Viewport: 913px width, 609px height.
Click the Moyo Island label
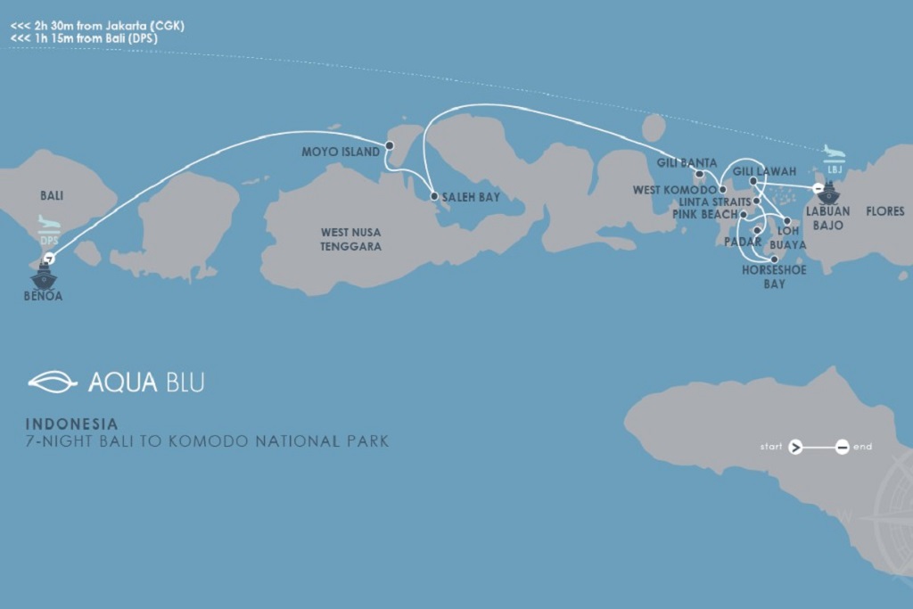(341, 152)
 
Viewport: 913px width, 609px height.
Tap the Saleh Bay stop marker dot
(433, 196)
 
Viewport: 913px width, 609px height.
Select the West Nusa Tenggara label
(351, 239)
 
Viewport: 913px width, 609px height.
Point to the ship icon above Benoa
(43, 276)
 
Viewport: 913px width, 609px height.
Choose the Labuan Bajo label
(827, 218)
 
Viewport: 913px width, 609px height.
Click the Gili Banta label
(687, 163)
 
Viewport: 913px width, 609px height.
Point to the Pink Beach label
(705, 215)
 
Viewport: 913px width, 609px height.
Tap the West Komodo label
(674, 190)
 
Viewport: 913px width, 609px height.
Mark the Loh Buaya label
(787, 237)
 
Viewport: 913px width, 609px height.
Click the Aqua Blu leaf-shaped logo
(53, 382)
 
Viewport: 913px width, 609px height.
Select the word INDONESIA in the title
(71, 424)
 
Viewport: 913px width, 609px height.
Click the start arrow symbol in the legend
(796, 447)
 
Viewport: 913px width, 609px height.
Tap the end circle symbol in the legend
(842, 447)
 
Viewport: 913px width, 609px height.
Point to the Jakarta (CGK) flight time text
(98, 26)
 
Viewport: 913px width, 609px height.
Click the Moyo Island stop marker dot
(390, 145)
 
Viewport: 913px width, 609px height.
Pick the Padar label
(743, 242)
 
